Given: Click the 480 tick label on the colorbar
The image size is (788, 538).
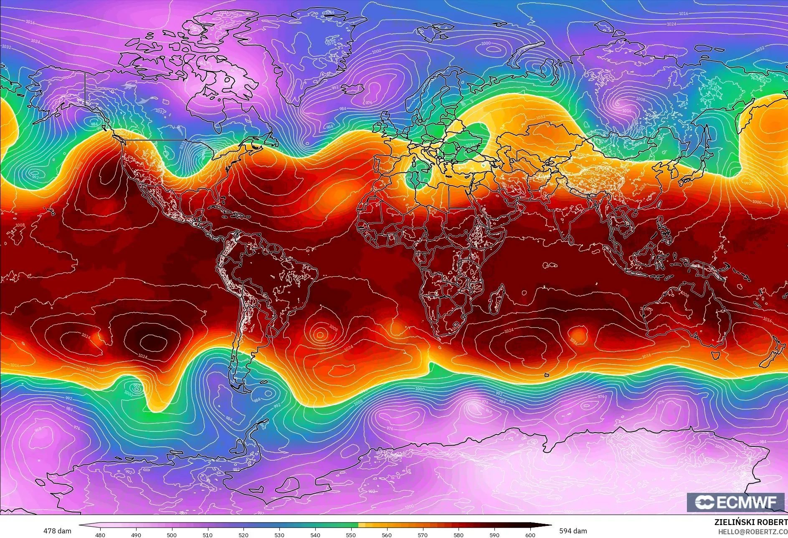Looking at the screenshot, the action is point(100,535).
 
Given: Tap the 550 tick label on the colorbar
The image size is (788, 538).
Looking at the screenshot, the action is point(351,535).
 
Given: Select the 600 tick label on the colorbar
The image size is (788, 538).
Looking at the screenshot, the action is point(530,535).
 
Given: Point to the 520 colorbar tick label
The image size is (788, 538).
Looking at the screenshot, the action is point(243,535).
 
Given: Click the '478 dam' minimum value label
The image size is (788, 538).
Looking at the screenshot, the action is point(57,531).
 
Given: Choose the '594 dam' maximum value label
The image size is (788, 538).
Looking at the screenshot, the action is point(573,531).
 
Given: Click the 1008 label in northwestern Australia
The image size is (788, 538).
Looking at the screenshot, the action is point(685,295).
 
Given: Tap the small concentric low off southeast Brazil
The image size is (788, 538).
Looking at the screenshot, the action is point(320,334).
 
